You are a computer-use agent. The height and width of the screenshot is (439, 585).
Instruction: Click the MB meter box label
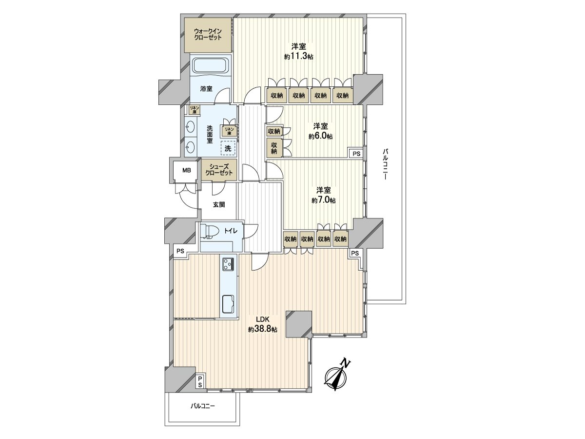pos(187,170)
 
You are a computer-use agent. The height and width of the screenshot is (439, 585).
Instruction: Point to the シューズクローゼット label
pos(219,170)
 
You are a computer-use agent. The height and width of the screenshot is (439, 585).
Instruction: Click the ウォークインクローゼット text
pos(208,34)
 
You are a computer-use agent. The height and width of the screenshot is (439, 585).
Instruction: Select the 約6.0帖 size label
pos(320,137)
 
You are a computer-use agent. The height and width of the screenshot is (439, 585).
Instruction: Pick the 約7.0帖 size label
pos(324,200)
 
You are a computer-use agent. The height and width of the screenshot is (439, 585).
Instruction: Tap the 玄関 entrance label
pos(219,204)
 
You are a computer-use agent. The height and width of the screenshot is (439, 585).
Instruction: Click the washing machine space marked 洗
pos(228,148)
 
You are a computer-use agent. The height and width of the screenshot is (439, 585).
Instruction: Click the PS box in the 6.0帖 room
pos(356,154)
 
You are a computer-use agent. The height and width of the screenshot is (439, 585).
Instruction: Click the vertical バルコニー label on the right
pos(385,164)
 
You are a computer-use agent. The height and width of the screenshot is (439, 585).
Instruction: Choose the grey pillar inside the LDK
pos(298,324)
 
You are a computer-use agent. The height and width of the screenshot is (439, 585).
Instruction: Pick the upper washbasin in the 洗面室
pos(190,127)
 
